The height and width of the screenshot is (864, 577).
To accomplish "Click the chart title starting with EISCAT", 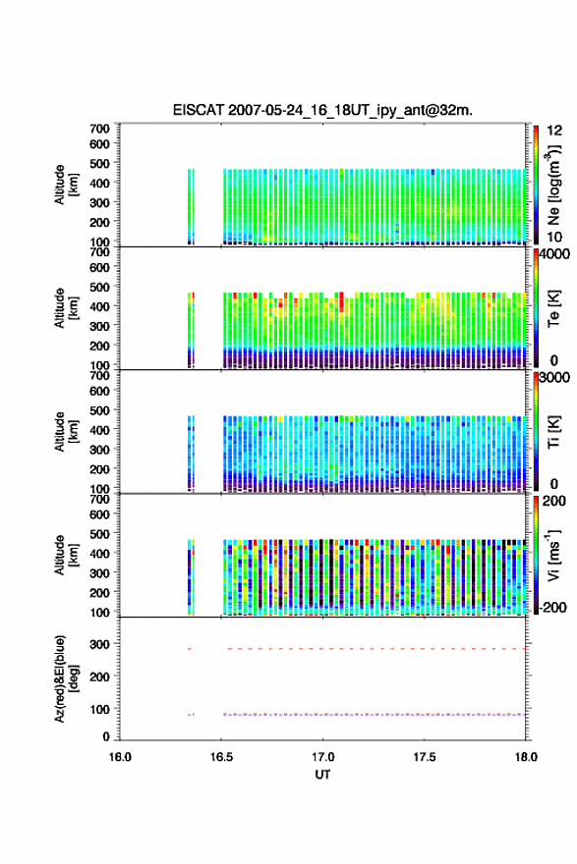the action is click(322, 110).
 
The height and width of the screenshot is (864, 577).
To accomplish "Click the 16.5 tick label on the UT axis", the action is click(221, 757).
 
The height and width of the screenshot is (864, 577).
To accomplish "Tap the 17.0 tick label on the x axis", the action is click(322, 757).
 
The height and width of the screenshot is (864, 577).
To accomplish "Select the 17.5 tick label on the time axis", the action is click(425, 757).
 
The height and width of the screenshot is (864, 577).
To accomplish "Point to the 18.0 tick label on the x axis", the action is click(526, 757).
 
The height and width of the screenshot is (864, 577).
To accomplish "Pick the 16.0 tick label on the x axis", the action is click(120, 757).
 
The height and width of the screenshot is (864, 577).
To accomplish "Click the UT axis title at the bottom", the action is click(322, 775).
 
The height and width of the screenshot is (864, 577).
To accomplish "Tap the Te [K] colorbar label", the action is click(553, 308).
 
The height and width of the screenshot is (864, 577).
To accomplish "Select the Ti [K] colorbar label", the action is click(553, 432).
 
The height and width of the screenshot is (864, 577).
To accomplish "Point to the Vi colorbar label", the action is click(553, 556).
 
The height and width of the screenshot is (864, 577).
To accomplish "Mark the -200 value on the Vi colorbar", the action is click(552, 607).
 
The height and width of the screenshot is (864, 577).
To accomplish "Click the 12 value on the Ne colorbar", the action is click(554, 130).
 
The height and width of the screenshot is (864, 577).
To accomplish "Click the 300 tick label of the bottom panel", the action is click(100, 644).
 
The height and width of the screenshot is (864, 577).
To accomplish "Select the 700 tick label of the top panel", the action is click(100, 129).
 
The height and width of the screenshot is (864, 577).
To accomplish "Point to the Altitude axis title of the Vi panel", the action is click(65, 555).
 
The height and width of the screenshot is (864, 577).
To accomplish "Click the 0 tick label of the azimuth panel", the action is click(106, 736).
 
